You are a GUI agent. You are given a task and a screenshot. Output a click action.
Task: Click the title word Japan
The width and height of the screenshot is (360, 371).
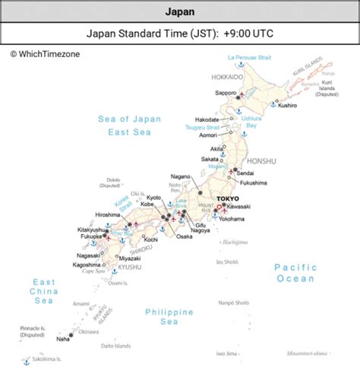tap(179, 11)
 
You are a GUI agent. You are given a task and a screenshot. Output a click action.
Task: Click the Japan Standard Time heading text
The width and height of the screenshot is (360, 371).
tap(179, 33)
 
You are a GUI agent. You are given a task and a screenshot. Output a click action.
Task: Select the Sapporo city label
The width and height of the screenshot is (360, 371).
tap(226, 93)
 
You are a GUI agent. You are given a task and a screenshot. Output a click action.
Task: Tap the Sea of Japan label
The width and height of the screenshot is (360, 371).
tap(130, 119)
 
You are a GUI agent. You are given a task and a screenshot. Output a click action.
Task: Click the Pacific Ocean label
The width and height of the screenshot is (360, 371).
tap(295, 272)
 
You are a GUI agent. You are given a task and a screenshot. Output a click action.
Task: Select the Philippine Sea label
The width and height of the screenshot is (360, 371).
tap(170, 316)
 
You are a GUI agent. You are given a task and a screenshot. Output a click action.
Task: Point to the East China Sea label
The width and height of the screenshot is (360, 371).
tap(43, 291)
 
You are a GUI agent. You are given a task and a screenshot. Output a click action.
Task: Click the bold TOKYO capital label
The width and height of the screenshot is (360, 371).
tap(227, 198)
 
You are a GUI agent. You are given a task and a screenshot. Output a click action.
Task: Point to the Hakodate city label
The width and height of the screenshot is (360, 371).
tap(206, 120)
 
